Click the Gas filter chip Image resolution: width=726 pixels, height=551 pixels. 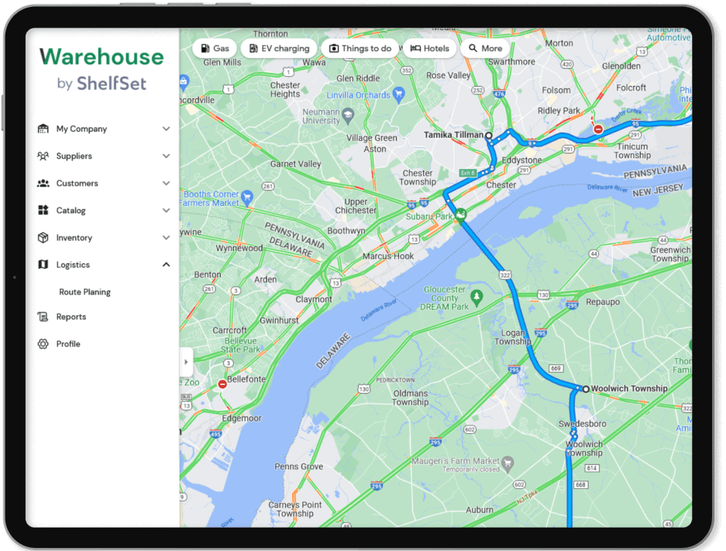tap(215, 48)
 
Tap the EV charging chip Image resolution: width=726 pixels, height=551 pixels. tap(279, 48)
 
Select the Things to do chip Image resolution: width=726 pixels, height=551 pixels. tap(360, 48)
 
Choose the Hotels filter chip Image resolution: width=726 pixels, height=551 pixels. tap(429, 48)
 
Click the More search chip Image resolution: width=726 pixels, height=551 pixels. tap(485, 48)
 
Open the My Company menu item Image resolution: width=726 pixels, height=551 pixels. tap(81, 129)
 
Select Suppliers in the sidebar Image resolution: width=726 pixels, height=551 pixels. tap(74, 157)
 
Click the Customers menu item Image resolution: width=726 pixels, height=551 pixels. tap(77, 184)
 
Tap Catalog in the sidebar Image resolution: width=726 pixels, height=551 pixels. tap(71, 211)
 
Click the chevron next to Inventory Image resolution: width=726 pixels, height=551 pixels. tap(166, 238)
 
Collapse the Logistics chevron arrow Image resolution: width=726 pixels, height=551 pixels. tap(166, 265)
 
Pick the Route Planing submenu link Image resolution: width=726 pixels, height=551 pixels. tap(84, 292)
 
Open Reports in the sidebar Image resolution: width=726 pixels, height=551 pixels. tap(71, 317)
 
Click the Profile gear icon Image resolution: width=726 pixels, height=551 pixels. tap(43, 344)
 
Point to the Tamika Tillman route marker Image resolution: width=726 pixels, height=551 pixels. tap(488, 136)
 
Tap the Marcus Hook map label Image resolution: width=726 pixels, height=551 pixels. tap(388, 257)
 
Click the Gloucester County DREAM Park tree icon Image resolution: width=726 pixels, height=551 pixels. tap(477, 296)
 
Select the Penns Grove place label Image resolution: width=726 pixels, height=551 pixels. tap(299, 467)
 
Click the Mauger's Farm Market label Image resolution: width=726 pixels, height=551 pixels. tap(461, 461)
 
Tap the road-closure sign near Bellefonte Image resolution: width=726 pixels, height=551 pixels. tap(222, 384)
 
